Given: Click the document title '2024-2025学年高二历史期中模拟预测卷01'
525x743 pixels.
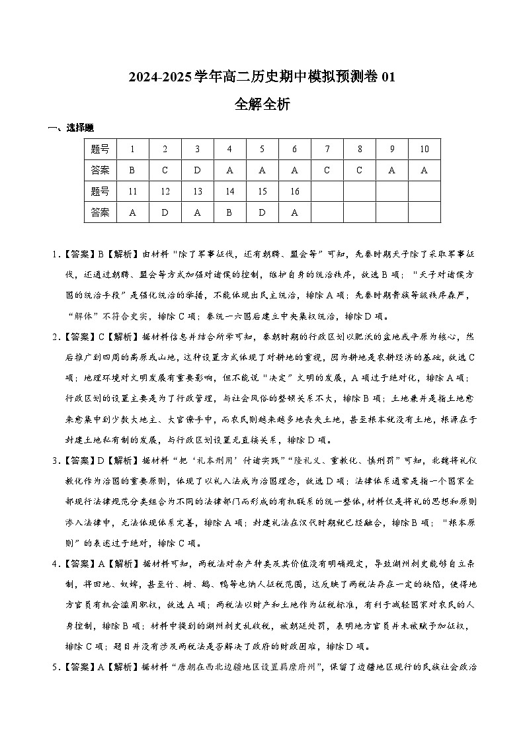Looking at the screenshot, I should [262, 77].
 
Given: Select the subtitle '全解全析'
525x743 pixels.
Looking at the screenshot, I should [262, 104].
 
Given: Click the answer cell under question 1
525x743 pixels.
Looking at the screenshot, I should [132, 170].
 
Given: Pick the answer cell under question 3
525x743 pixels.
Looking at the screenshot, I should [197, 170].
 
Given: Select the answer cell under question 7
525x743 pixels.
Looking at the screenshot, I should [327, 170].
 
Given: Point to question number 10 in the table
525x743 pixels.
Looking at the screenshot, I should [424, 149].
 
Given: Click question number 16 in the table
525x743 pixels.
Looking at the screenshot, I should [294, 191].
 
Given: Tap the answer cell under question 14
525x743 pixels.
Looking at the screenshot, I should [229, 212].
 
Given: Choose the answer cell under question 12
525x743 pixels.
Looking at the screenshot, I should [165, 212].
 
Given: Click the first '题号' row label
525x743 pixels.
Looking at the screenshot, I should [100, 149].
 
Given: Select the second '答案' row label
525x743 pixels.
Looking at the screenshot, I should [100, 212].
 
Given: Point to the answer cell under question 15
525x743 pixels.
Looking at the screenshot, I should [262, 212].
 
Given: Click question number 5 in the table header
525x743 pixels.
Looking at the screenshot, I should [262, 149].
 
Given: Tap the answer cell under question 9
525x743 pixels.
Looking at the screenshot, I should [391, 170].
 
